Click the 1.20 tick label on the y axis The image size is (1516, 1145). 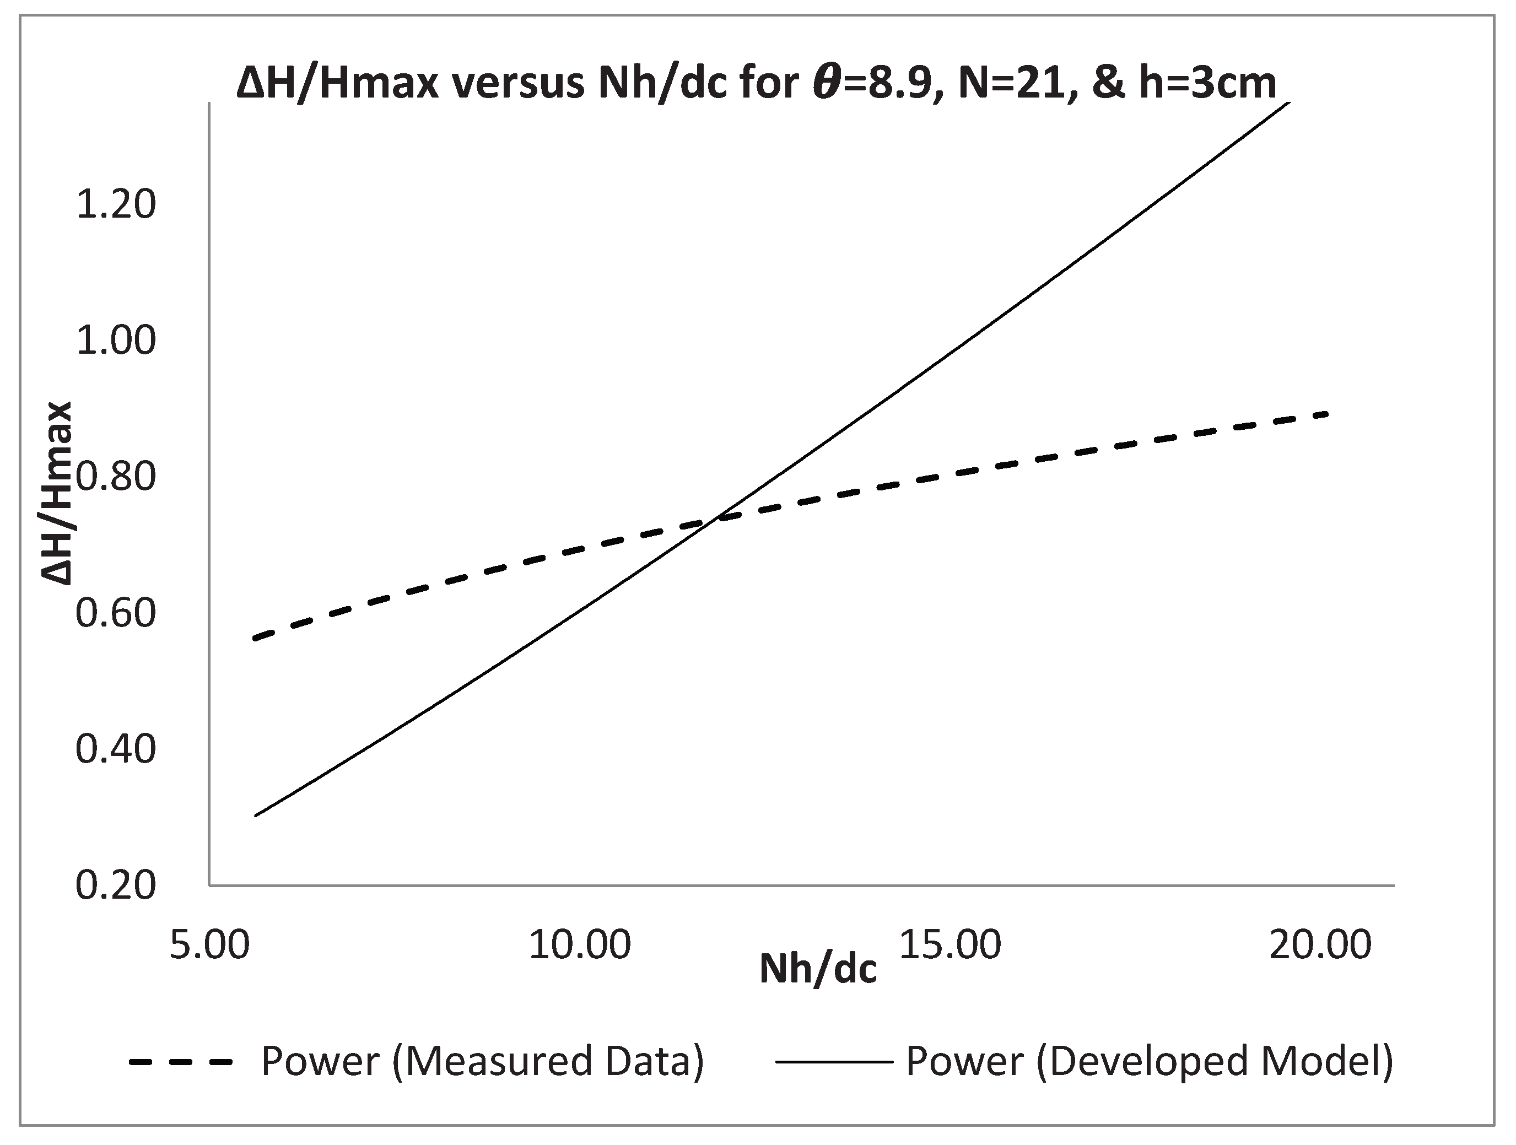click(116, 205)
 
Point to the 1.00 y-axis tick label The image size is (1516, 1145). click(116, 341)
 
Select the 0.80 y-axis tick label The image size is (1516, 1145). click(116, 478)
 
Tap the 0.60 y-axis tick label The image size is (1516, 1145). click(116, 613)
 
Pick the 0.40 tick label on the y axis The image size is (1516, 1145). click(116, 749)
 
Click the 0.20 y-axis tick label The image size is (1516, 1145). click(116, 886)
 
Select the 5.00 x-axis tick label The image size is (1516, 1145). click(210, 946)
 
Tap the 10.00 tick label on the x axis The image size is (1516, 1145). click(580, 946)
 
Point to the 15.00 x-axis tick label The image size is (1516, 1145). click(950, 946)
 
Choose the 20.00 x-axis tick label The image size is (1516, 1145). click(1320, 946)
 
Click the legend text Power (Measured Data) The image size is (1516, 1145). click(483, 1062)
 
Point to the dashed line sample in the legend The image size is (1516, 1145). click(181, 1063)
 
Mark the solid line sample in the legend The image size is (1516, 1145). click(834, 1063)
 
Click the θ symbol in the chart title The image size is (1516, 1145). click(828, 84)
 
